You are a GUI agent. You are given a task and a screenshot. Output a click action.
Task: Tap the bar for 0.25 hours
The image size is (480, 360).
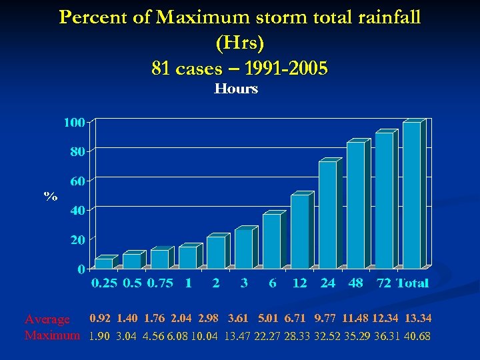pos(104,264)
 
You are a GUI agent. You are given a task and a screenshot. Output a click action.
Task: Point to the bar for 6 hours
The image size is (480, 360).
pos(272,241)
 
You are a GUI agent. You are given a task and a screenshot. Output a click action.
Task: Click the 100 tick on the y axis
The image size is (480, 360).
pos(74,123)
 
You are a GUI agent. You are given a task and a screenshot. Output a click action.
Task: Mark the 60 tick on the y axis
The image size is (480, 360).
pos(77,181)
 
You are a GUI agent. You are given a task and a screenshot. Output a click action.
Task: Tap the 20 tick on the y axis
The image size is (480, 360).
pos(77,239)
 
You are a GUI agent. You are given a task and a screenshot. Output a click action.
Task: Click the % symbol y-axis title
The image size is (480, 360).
pos(51,197)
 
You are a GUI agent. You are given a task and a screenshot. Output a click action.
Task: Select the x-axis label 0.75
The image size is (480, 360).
pos(160,283)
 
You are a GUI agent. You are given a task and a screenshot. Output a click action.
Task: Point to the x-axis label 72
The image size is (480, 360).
pos(383,283)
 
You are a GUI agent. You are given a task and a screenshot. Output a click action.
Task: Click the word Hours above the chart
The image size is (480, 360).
pos(236,89)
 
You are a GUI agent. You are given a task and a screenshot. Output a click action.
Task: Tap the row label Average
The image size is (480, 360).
pos(47,321)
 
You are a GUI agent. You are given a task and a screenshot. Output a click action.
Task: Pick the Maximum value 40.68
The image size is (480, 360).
pos(417,336)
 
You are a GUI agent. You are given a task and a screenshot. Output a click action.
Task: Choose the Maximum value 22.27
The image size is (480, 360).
pos(269,336)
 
